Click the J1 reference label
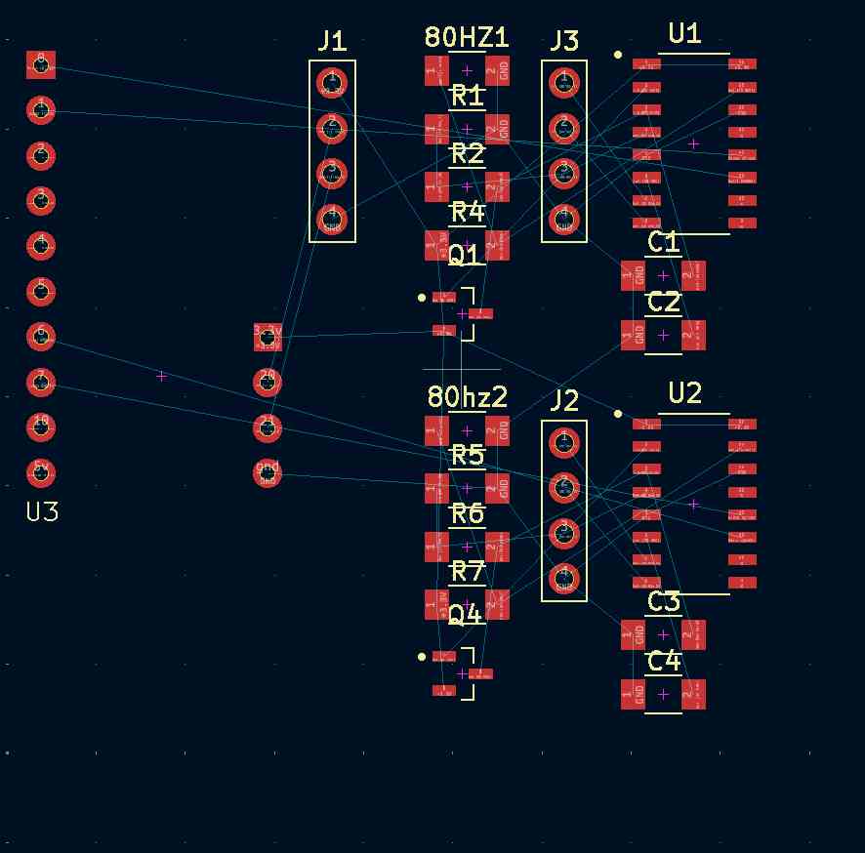click(332, 41)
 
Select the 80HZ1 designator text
click(467, 38)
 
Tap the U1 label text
click(684, 34)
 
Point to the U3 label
click(42, 512)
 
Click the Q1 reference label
click(465, 256)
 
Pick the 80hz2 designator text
click(468, 397)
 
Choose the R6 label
click(468, 513)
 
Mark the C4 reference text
click(663, 663)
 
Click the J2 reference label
click(564, 400)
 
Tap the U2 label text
click(685, 393)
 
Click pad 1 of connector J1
click(332, 81)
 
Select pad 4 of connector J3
click(564, 218)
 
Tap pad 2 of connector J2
click(564, 486)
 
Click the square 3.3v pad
click(268, 337)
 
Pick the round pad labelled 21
click(268, 426)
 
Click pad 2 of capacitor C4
click(693, 695)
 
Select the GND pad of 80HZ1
click(498, 70)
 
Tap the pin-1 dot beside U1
click(618, 55)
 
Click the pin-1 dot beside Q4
click(422, 657)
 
